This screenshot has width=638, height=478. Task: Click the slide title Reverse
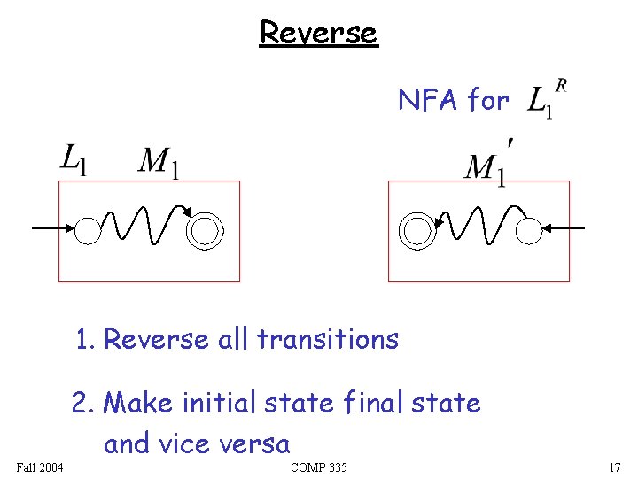click(318, 33)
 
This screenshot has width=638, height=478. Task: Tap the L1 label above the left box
click(73, 161)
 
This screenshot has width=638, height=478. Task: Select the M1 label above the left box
click(159, 163)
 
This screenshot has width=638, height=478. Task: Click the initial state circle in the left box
click(88, 230)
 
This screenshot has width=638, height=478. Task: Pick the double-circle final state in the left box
click(206, 230)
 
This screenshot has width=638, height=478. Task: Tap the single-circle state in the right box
click(529, 231)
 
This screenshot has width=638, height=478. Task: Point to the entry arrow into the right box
click(564, 229)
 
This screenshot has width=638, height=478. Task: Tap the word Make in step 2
click(138, 404)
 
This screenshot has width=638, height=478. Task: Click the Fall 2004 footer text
click(39, 467)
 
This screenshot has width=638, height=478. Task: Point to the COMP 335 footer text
click(318, 467)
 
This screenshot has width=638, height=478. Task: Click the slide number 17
click(614, 467)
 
